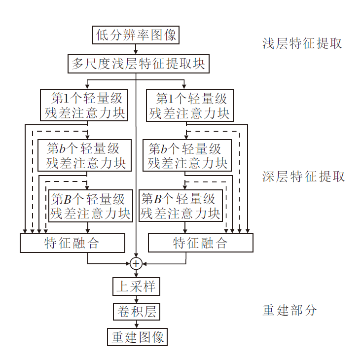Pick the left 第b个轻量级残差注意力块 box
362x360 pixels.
click(84, 155)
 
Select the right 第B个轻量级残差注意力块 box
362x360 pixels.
click(180, 206)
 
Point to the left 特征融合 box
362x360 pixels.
click(72, 243)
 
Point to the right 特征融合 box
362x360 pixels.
click(200, 243)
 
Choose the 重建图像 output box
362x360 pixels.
click(137, 337)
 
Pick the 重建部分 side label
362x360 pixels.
click(290, 310)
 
